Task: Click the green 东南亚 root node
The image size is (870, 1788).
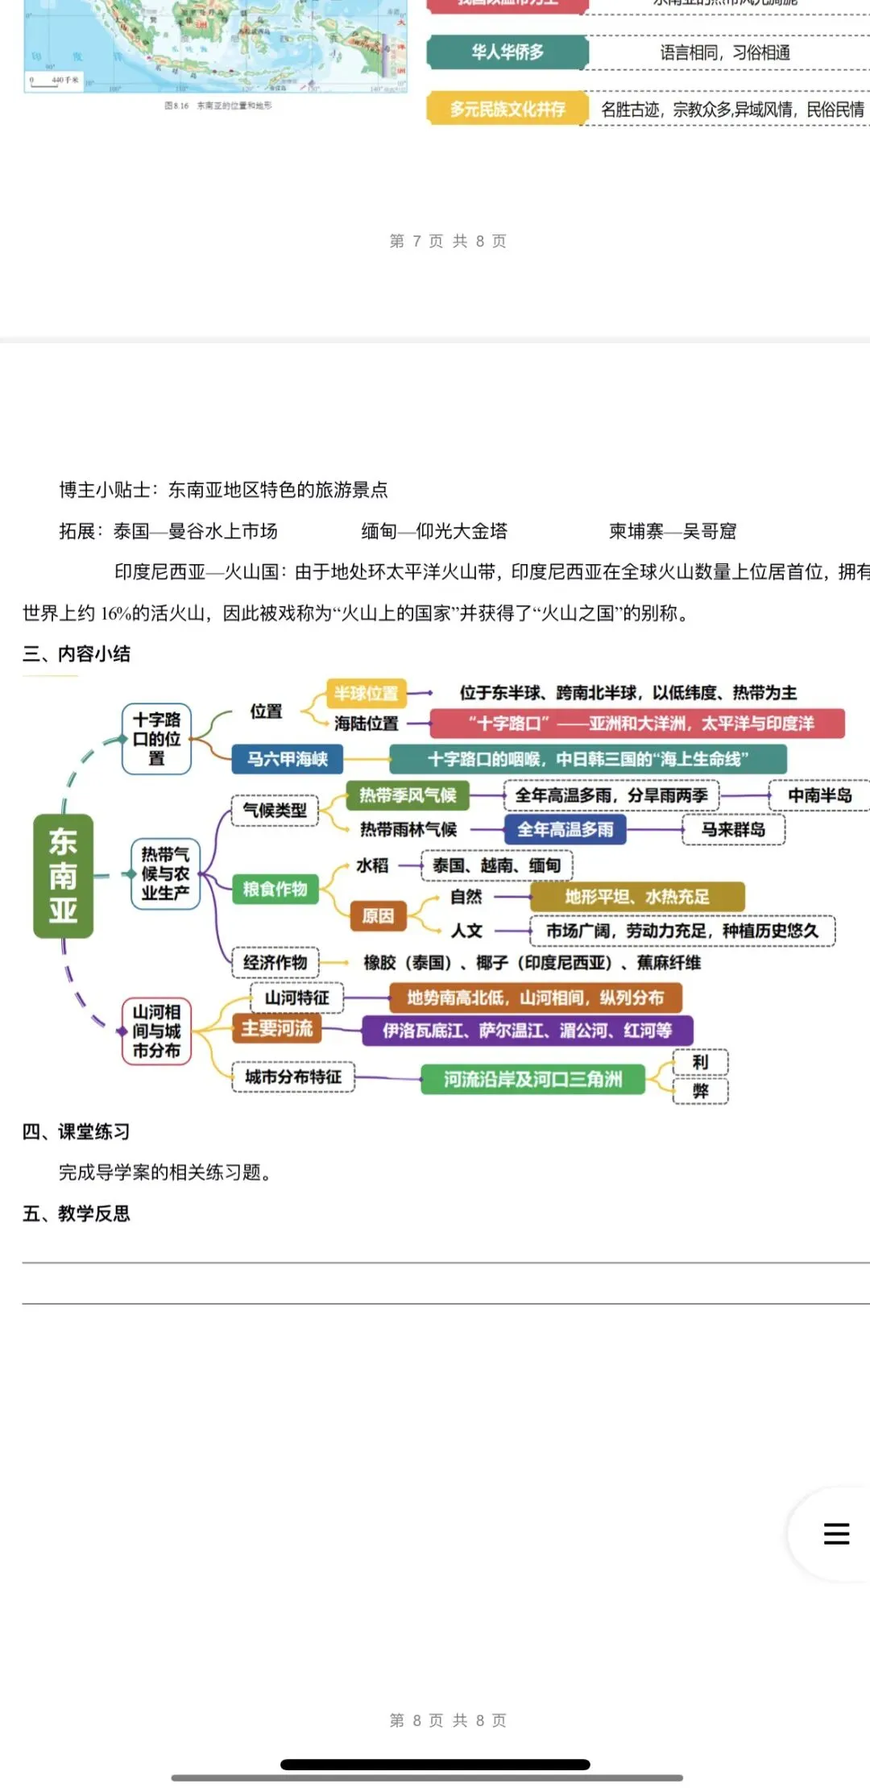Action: coord(63,876)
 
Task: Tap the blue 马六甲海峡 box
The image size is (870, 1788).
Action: coord(287,759)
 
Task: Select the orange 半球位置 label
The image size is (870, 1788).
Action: coord(367,693)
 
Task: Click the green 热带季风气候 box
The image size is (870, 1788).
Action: coord(408,795)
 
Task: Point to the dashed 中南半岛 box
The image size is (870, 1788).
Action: coord(819,795)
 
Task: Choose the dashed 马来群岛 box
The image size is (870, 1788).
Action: coord(733,829)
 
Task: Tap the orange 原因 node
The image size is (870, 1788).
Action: coord(378,915)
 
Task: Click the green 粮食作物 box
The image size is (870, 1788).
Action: coord(275,889)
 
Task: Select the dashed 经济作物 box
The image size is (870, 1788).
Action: coord(275,962)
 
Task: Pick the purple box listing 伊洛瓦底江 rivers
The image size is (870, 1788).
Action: coord(527,1030)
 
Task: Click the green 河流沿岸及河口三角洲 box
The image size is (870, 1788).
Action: coord(532,1079)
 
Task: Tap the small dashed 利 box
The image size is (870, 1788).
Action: coord(700,1062)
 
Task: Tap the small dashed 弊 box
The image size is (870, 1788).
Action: coord(700,1091)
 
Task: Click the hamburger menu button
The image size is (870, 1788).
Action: coord(836,1533)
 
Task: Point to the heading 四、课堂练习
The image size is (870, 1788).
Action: coord(76,1131)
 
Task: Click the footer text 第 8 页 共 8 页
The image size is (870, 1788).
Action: coord(448,1720)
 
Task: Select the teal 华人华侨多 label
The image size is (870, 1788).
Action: coord(507,52)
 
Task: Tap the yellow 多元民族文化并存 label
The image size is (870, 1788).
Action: coord(507,109)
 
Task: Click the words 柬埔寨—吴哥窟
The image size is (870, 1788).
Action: coord(673,531)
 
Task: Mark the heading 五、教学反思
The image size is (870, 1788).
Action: coord(76,1213)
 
